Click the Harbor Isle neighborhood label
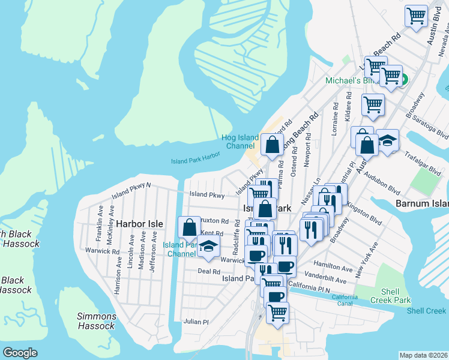click(139, 223)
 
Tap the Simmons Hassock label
click(96, 321)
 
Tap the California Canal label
click(345, 300)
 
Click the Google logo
click(20, 353)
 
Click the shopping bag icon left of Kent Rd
click(190, 228)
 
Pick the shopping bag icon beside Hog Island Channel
click(272, 145)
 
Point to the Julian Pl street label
click(196, 322)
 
